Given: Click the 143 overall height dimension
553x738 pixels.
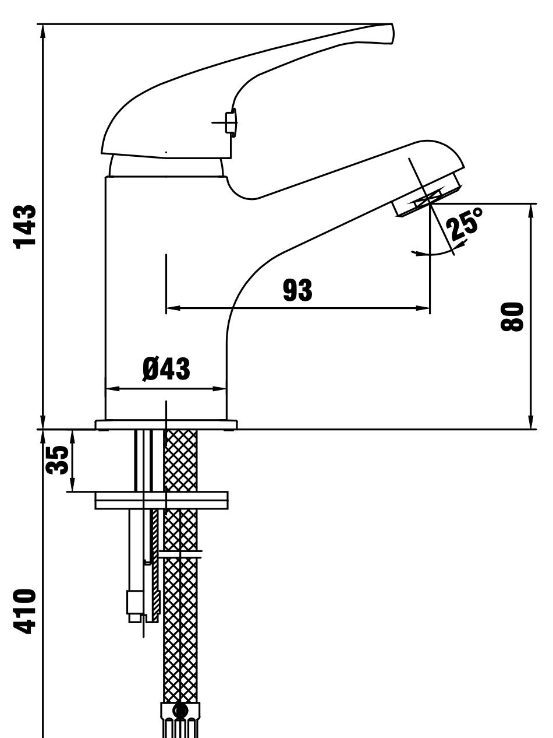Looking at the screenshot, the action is click(x=24, y=227).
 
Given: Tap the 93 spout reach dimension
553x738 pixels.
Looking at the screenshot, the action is click(x=297, y=290).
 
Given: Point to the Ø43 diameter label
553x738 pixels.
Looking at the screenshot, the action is click(x=166, y=369).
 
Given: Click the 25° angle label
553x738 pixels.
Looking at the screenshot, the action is click(x=465, y=224).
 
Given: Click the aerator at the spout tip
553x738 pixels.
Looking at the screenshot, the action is click(x=427, y=195).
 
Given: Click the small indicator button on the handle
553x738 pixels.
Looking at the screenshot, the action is click(x=231, y=122).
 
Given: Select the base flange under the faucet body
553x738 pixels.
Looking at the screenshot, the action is click(x=166, y=425).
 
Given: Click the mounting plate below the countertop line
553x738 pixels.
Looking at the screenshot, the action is click(x=161, y=500).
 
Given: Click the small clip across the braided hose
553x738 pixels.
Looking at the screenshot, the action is click(x=180, y=555).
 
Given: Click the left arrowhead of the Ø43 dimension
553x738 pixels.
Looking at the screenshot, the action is click(x=113, y=389).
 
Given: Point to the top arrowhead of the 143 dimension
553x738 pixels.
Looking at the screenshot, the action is click(x=42, y=31).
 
